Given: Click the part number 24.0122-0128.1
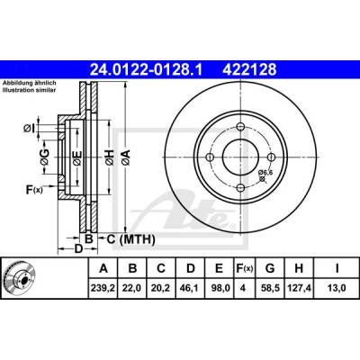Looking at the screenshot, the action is pyautogui.click(x=147, y=70).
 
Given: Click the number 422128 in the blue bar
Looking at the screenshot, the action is pyautogui.click(x=249, y=70).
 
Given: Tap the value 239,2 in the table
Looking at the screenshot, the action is pyautogui.click(x=103, y=288).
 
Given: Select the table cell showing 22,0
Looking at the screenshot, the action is pyautogui.click(x=132, y=288).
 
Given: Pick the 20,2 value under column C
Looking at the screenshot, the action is pyautogui.click(x=161, y=288).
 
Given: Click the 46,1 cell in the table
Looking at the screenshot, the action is pyautogui.click(x=190, y=288).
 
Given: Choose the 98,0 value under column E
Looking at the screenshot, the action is pyautogui.click(x=220, y=288).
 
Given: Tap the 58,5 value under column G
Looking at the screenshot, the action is pyautogui.click(x=270, y=288).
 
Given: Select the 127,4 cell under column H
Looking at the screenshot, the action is pyautogui.click(x=299, y=288).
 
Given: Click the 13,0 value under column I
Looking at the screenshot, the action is pyautogui.click(x=337, y=288).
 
